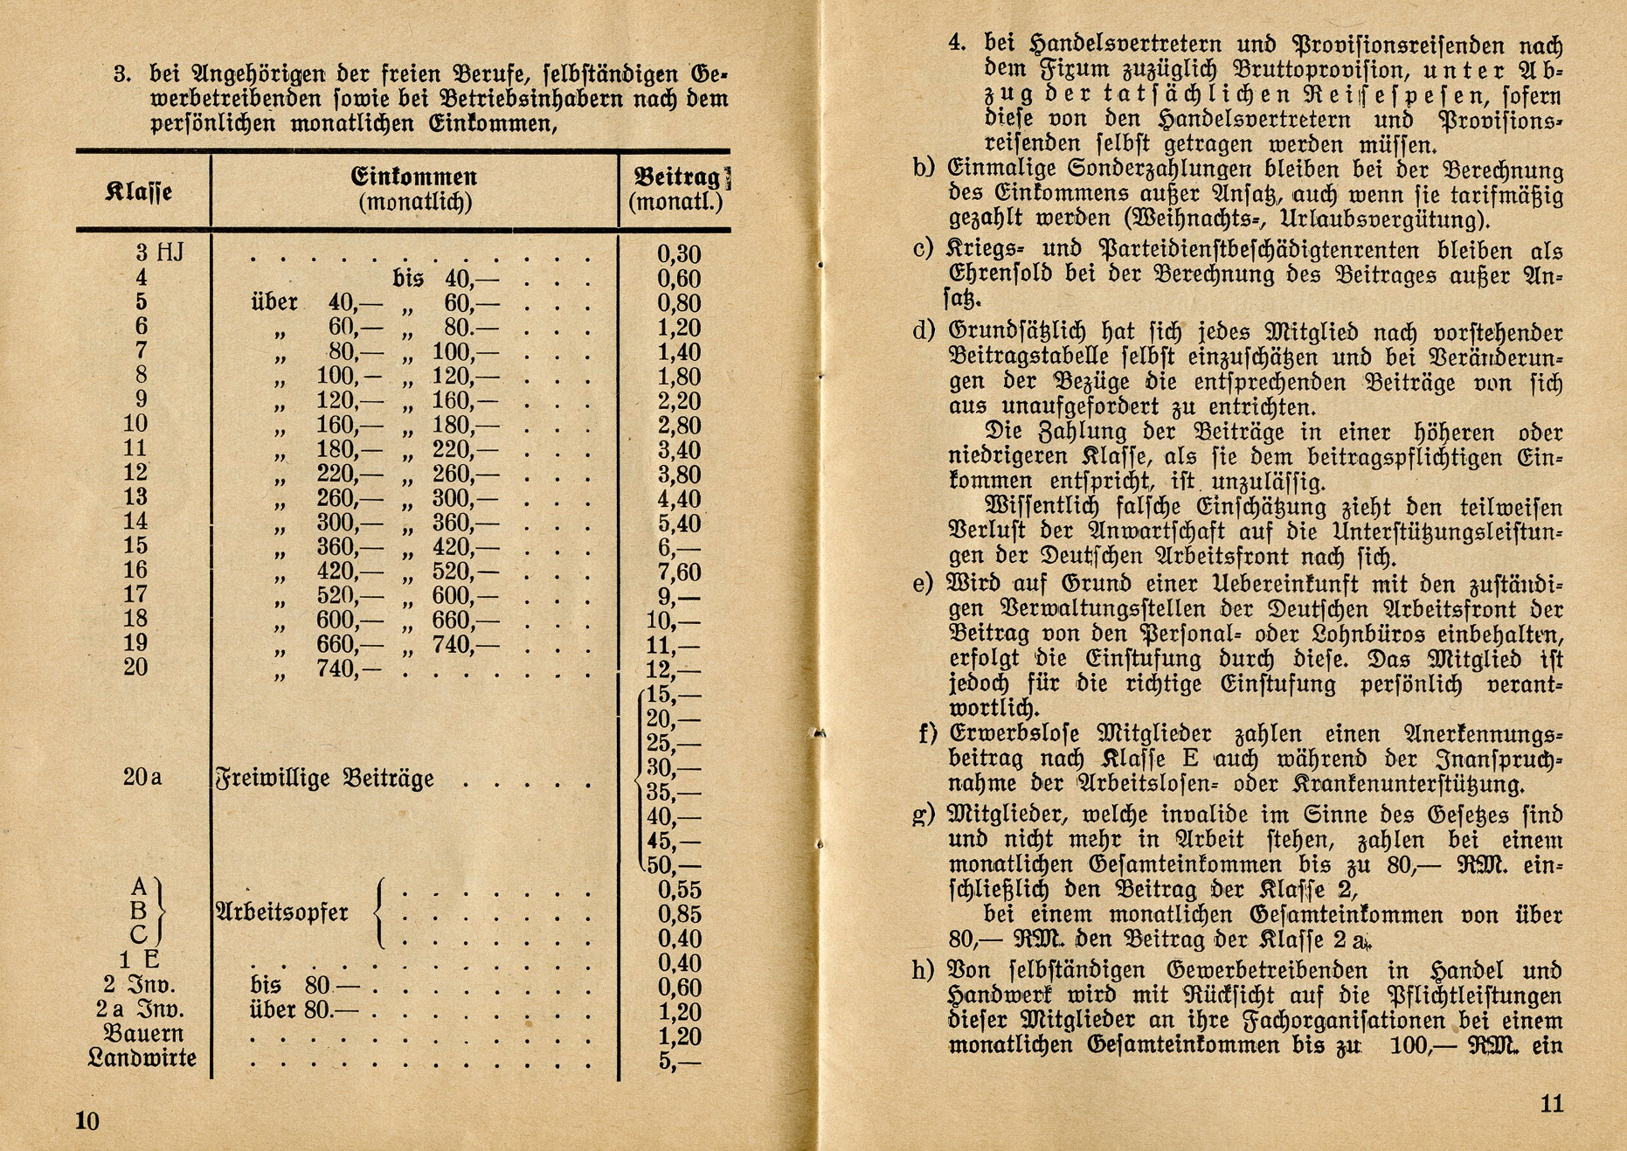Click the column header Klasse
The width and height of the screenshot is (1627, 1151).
point(138,191)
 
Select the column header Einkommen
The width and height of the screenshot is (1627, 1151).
point(414,177)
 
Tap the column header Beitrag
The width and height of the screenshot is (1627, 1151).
point(677,177)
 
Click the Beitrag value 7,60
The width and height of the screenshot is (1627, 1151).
point(678,572)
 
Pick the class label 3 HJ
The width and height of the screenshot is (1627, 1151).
point(160,253)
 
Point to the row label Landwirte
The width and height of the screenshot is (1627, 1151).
point(142,1058)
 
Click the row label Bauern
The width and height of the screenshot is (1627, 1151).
point(144,1034)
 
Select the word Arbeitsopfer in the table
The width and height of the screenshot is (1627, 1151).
point(281,913)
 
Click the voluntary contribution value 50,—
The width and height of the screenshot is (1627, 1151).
point(674,867)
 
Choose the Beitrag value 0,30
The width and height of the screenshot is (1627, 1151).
point(678,254)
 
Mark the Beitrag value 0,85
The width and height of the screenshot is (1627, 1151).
point(679,915)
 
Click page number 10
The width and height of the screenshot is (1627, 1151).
point(87,1121)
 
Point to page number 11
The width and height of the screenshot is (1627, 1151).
point(1551,1104)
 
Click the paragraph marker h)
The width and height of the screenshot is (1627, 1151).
point(924,971)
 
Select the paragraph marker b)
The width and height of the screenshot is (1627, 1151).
point(924,168)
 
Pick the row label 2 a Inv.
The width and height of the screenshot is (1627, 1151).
point(140,1009)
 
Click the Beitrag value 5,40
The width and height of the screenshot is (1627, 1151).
point(678,523)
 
